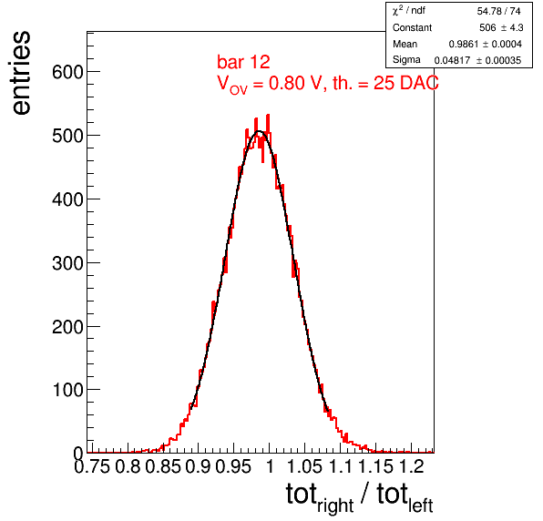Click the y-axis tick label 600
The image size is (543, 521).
pos(67,72)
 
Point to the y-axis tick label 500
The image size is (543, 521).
pos(67,136)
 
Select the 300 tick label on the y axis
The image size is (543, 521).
pos(67,263)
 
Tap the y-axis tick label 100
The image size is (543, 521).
pos(67,390)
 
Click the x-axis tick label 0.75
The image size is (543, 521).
pos(92,466)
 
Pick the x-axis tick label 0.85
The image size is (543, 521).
pos(163,466)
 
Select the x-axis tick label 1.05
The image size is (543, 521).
pos(304,466)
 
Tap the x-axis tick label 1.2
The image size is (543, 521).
pos(412,466)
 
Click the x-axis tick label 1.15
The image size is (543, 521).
pos(375,466)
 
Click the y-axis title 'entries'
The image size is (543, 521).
pos(22,73)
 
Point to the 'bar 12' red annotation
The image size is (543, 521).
pos(243,62)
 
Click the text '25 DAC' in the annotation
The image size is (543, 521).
pos(405,83)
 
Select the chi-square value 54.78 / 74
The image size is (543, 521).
pos(498,12)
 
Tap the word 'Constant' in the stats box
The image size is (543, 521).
pos(412,27)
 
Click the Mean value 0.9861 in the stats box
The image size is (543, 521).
pos(464,44)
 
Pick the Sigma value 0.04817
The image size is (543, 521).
pos(452,60)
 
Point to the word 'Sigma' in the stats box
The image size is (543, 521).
pos(406,60)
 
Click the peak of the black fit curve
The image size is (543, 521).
pos(259,131)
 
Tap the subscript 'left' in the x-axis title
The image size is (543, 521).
pos(420,506)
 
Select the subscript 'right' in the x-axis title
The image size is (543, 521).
pos(335,506)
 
